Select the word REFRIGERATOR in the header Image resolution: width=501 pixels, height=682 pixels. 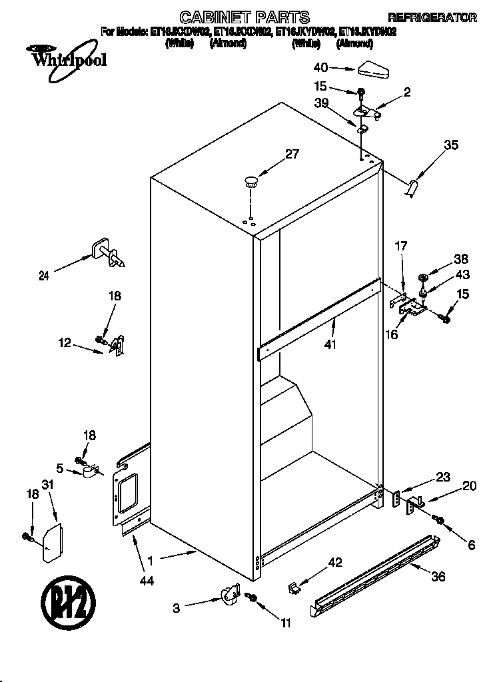click(x=432, y=17)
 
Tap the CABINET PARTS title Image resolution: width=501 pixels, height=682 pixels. click(x=245, y=17)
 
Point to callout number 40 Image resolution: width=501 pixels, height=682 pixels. click(x=320, y=67)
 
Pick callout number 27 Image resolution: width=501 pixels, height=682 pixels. click(x=292, y=154)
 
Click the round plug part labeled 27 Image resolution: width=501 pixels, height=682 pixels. click(x=251, y=178)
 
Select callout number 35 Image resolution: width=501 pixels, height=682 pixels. click(x=451, y=145)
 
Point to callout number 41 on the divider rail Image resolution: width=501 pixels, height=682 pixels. click(x=330, y=344)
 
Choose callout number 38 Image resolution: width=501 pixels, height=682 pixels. click(x=461, y=260)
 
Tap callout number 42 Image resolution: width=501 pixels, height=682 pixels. click(x=334, y=563)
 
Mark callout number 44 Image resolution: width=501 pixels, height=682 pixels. click(x=147, y=581)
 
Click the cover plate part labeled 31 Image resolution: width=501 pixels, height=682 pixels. click(x=53, y=542)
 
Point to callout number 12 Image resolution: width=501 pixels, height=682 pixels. click(x=65, y=344)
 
